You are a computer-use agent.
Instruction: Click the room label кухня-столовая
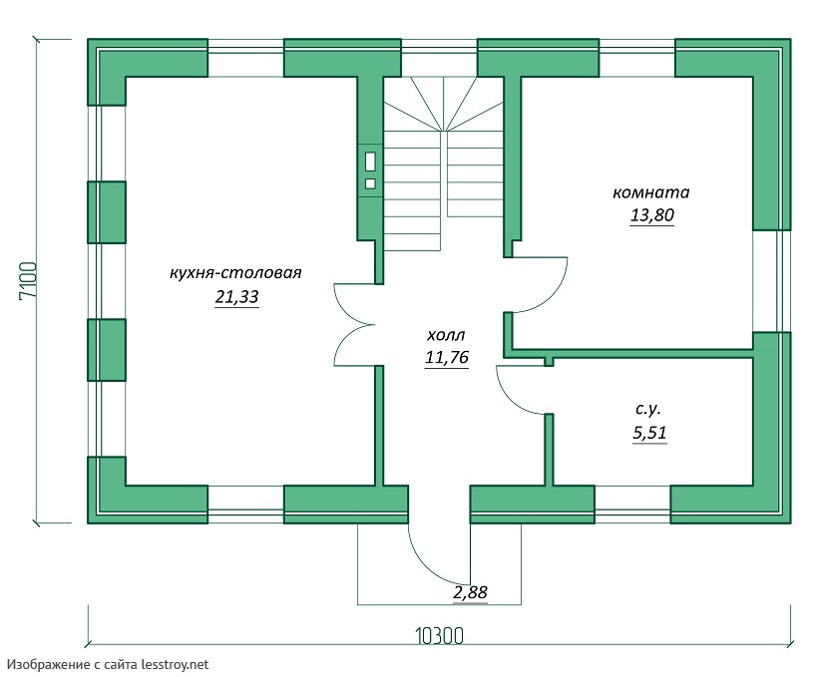point(235,272)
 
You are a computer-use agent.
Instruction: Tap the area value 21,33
point(236,297)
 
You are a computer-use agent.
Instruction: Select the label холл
point(446,335)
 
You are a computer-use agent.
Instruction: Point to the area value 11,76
point(446,358)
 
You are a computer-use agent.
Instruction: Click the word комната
point(650,192)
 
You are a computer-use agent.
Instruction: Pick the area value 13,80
point(651,215)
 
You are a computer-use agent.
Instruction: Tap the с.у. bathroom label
point(648,409)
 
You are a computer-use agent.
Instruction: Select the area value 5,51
point(648,433)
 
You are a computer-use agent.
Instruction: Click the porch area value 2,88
point(471,592)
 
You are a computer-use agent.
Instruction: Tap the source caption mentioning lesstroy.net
point(109,663)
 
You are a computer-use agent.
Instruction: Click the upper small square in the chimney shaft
point(370,161)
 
